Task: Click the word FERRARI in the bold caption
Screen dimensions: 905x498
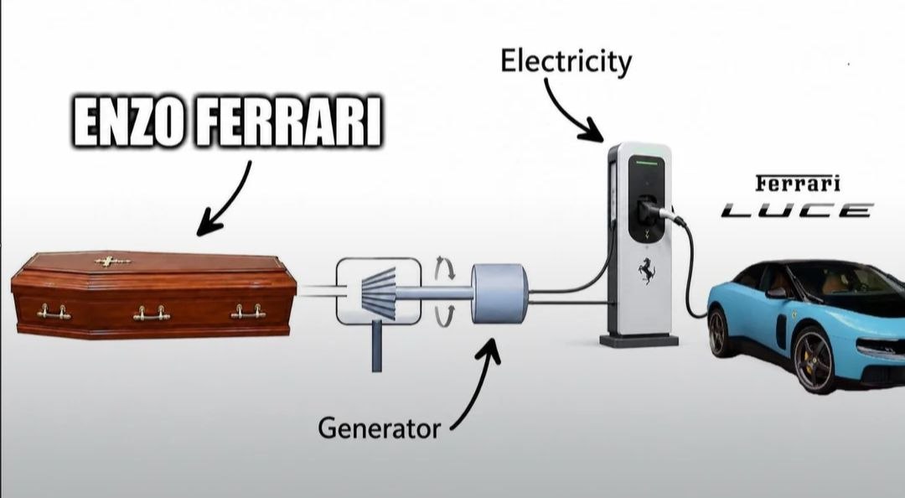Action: click(288, 122)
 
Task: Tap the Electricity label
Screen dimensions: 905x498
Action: click(566, 62)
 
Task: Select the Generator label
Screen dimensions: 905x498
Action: click(380, 428)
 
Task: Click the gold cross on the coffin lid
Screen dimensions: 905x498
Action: click(112, 262)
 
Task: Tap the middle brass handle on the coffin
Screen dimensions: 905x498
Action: click(151, 314)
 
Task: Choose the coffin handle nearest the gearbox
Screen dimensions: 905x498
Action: click(248, 312)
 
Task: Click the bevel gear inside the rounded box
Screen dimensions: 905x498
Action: click(379, 293)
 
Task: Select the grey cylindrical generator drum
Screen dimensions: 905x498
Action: click(499, 293)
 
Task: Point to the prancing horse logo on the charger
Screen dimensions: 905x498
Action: click(646, 270)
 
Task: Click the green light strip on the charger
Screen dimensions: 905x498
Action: click(646, 163)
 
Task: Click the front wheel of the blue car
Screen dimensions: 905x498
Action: click(814, 361)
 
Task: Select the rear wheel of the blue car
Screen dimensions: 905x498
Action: click(718, 332)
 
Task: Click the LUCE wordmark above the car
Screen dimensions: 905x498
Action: click(797, 210)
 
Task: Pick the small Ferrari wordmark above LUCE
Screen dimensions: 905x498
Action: click(798, 184)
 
